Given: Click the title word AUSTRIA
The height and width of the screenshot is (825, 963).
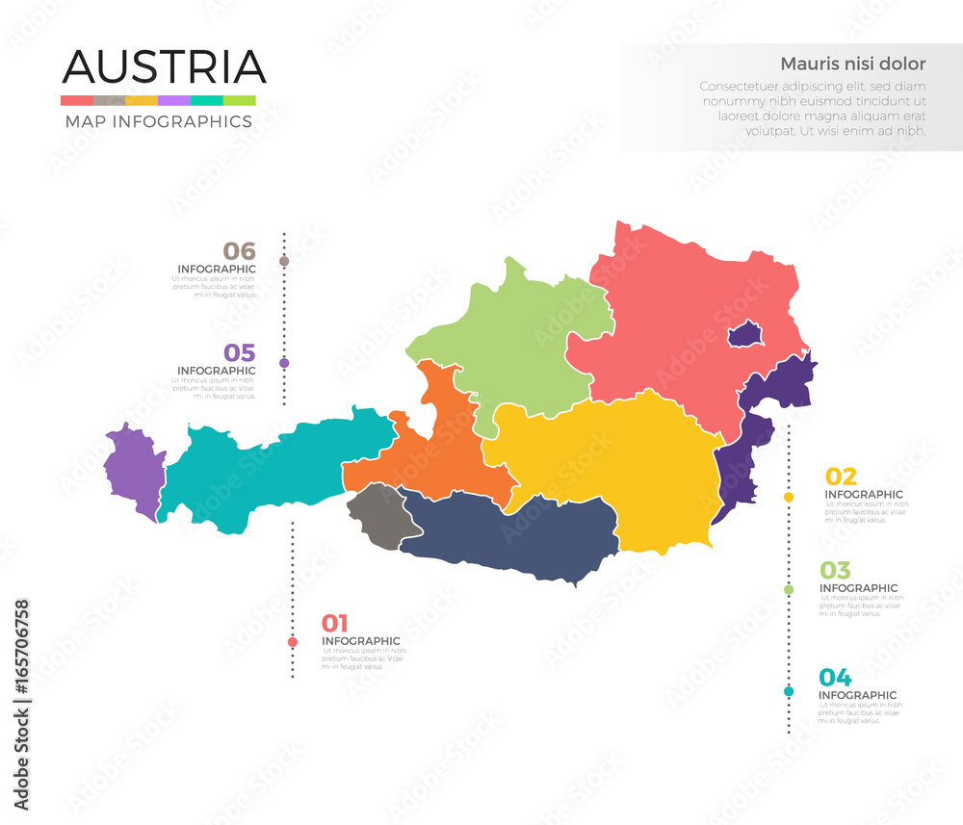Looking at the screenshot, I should (164, 66).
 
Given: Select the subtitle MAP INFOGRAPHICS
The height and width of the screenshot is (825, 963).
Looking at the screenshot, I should (158, 121).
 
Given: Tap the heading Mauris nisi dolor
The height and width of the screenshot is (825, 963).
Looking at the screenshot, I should (852, 64).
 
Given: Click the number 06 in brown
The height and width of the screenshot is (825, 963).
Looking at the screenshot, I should (239, 251).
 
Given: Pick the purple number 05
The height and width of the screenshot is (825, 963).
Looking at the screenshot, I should (239, 353).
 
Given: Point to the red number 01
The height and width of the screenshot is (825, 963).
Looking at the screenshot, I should (335, 623).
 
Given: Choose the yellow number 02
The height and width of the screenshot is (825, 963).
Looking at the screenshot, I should (841, 477).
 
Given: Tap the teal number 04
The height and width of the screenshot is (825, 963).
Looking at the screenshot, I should (835, 677).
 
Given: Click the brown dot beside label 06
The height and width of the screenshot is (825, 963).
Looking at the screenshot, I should (284, 261).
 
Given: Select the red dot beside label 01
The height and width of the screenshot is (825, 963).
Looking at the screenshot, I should (293, 642).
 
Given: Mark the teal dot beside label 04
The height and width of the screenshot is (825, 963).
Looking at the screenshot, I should (789, 691).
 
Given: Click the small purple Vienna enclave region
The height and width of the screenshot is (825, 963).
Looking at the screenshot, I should (745, 335).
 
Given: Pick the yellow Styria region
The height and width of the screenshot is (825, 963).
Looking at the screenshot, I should (616, 462).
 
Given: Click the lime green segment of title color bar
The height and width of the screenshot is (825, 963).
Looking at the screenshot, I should (239, 100).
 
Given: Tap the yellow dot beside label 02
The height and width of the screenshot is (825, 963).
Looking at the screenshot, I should (789, 497).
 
